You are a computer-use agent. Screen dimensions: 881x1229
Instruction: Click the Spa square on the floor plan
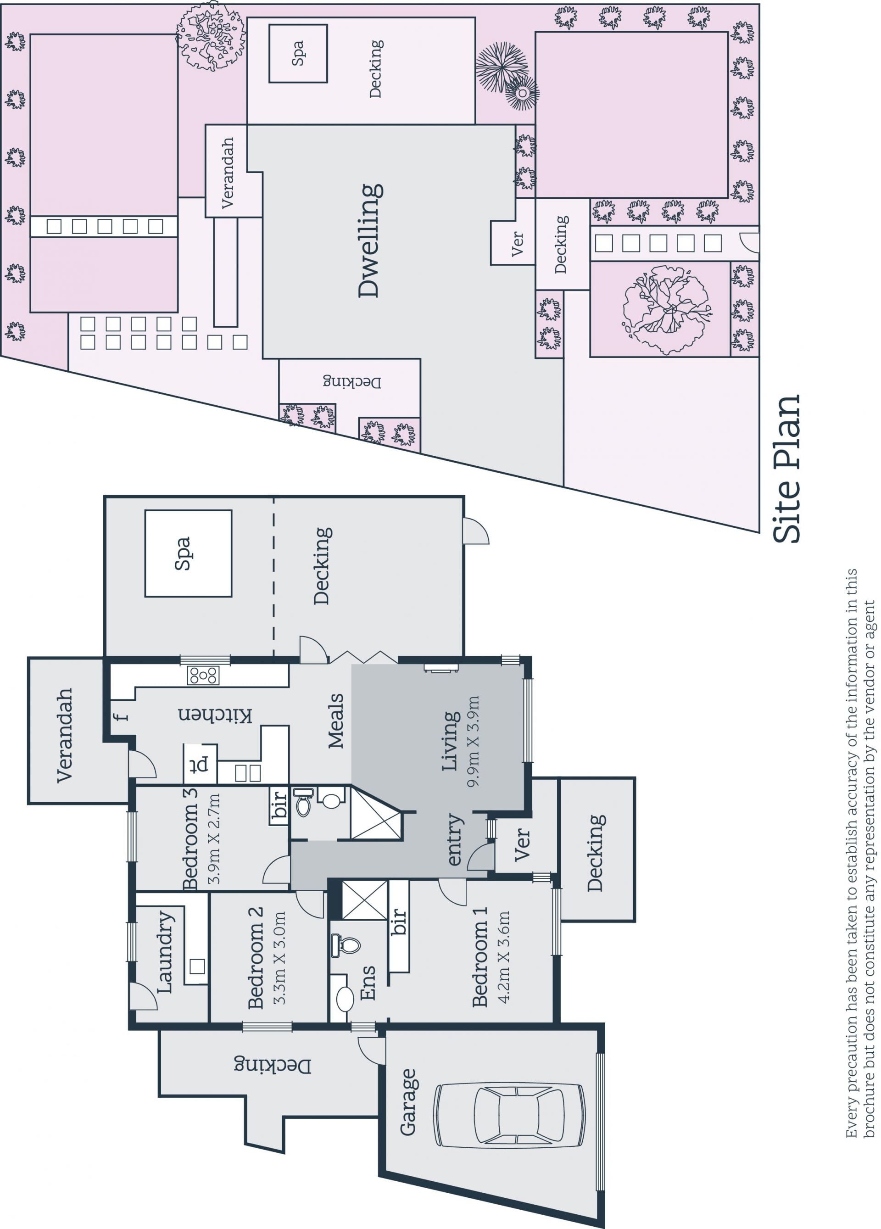point(188,553)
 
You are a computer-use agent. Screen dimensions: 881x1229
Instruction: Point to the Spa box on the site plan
point(298,53)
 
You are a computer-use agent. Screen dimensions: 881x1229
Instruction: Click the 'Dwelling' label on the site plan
point(371,240)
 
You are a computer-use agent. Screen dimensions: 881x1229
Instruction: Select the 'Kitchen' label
point(215,715)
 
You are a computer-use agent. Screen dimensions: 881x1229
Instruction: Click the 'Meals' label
point(336,721)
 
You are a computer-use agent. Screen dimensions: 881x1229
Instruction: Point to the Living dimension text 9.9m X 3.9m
point(473,741)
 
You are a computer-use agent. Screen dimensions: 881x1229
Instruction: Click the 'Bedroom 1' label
point(480,957)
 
